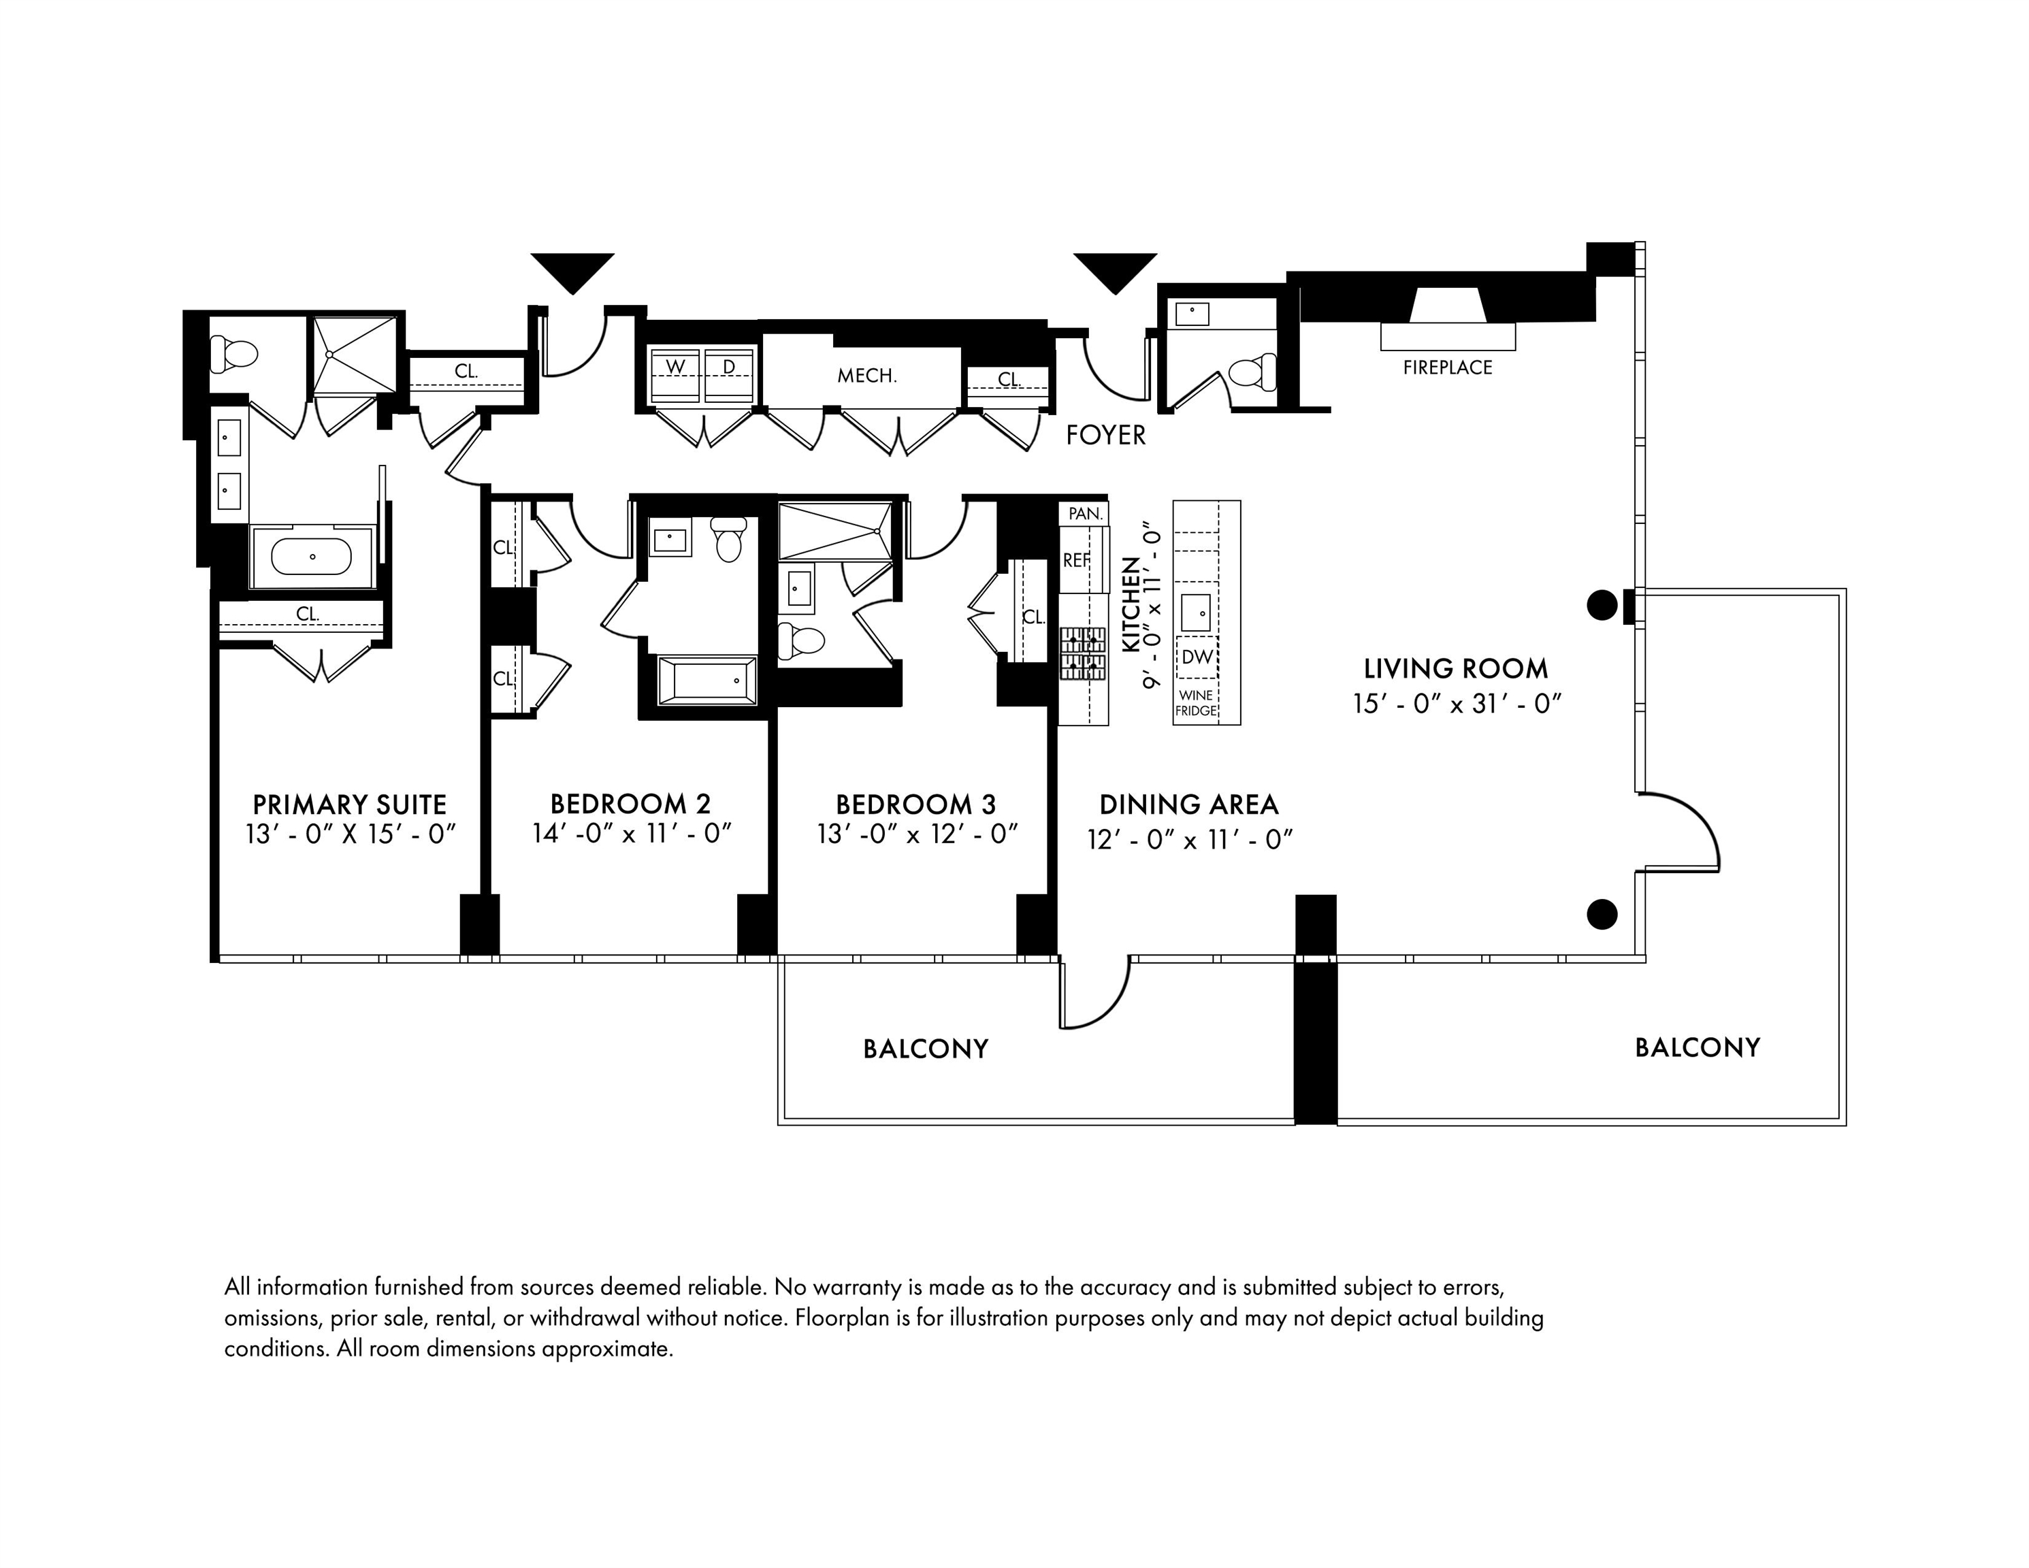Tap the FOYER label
(1105, 435)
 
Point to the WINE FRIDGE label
(1196, 703)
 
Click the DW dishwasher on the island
(1197, 657)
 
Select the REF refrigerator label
(1077, 560)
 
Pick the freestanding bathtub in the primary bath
(311, 557)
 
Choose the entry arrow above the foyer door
(1115, 272)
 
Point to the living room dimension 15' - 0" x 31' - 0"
(1456, 704)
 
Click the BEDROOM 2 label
(630, 804)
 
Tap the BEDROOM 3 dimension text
(917, 834)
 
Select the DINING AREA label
(1188, 804)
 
